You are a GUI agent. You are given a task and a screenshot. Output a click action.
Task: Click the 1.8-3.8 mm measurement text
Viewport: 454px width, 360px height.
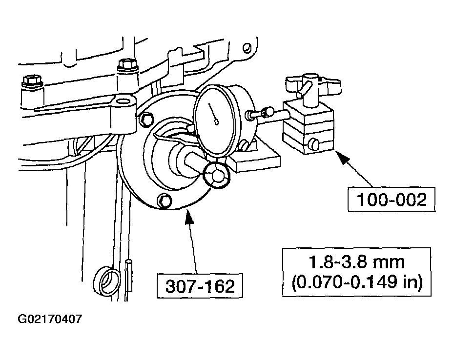[356, 261]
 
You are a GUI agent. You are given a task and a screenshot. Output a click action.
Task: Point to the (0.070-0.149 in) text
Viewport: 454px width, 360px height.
[356, 282]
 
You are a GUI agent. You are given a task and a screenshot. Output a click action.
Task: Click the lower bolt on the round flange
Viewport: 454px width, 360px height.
[165, 200]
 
